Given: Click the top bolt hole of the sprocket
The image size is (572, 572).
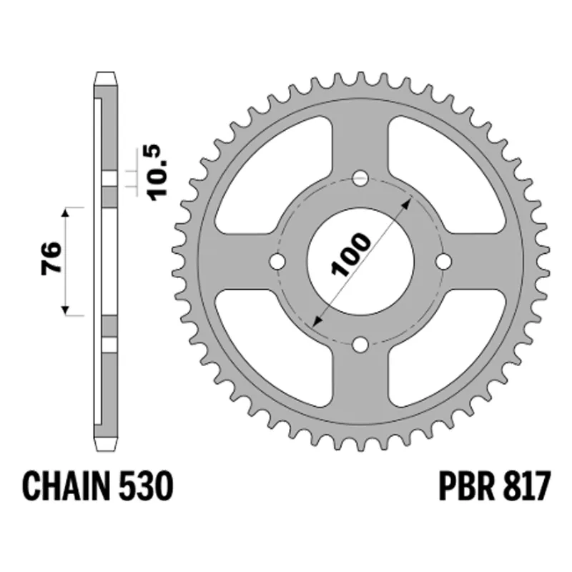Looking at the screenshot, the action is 361,178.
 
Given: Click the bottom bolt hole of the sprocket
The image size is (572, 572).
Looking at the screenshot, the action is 361,345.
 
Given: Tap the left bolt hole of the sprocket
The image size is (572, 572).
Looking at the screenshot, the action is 277,261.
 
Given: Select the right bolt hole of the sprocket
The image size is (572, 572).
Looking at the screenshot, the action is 444,261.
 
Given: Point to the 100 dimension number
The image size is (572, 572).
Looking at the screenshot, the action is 350,255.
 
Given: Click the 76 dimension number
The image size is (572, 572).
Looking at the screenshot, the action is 51,257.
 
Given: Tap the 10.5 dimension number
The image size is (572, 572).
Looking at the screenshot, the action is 158,172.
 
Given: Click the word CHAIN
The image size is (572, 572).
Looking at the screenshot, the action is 66,486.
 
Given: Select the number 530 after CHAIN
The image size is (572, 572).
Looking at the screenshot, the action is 146,486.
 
